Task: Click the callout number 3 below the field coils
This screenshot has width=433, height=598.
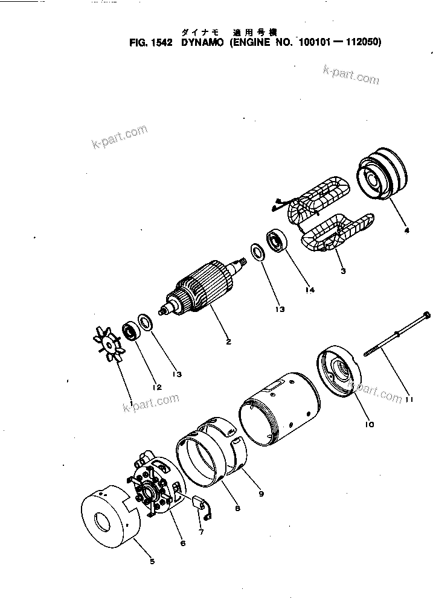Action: coord(342,271)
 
